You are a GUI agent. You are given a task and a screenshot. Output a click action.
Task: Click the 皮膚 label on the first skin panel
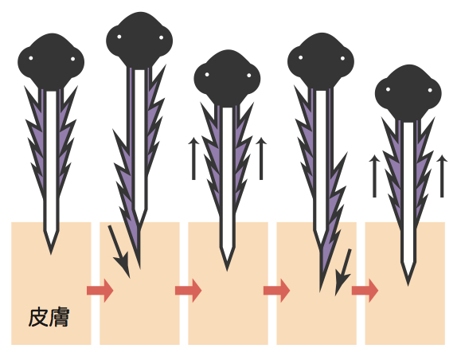49,317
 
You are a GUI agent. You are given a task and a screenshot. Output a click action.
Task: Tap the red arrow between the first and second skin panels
100,291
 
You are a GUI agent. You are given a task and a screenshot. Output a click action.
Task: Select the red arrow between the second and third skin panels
189,291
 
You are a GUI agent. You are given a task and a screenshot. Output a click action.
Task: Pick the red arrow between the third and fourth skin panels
277,291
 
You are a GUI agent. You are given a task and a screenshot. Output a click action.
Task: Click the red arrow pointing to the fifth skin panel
365,291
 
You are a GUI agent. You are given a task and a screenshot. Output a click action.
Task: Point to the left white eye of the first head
31,58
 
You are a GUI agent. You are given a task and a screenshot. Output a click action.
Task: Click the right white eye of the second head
161,37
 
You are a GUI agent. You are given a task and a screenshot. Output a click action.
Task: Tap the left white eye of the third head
207,74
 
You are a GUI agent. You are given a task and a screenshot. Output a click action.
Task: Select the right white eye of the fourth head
342,58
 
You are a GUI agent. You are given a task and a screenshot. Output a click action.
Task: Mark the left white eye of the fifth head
388,89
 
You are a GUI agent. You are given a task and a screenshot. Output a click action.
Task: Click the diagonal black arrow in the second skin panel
119,252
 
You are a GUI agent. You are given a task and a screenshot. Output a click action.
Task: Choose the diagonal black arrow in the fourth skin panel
343,272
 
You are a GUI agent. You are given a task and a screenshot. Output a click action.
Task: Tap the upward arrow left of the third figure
193,158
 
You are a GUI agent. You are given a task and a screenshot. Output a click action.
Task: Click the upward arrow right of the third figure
261,158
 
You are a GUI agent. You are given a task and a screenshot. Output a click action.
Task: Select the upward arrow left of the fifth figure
374,176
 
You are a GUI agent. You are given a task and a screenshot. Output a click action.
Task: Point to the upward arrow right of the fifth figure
442,176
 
